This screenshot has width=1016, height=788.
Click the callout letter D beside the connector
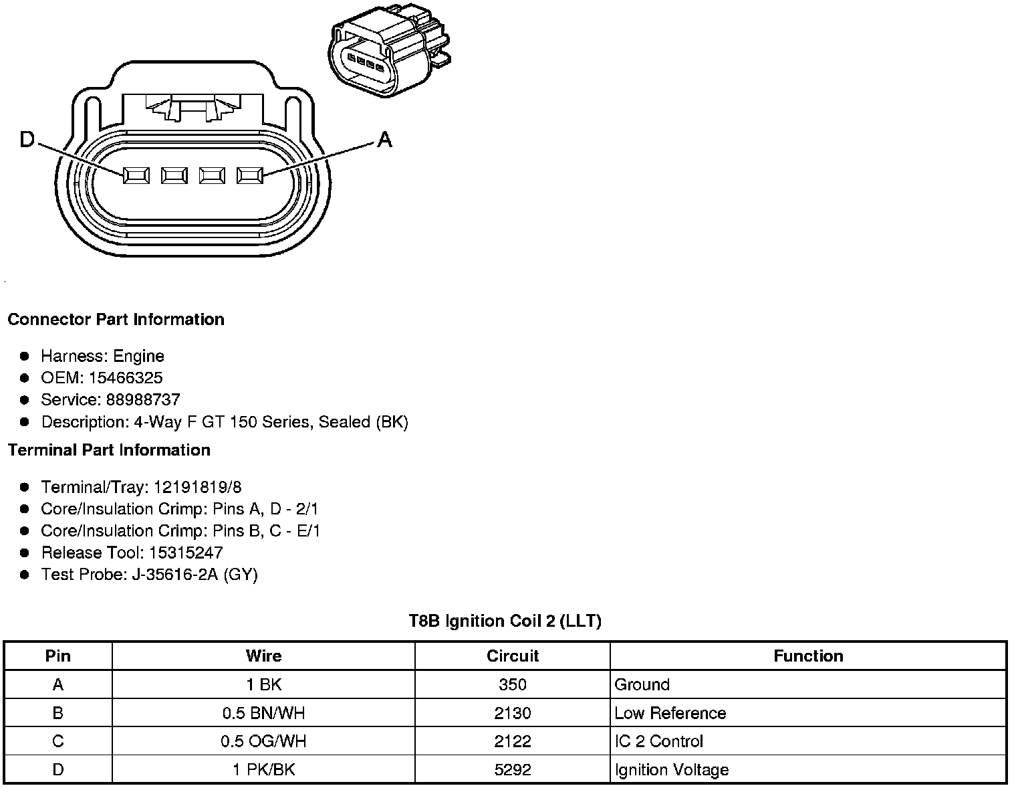[x=27, y=140]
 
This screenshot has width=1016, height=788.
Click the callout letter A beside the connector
[x=384, y=140]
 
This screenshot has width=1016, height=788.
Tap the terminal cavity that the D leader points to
[x=136, y=175]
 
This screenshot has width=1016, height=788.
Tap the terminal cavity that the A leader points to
[x=250, y=175]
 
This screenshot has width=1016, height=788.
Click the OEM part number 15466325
[x=126, y=378]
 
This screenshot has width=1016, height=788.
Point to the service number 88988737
[x=143, y=400]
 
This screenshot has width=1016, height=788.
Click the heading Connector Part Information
[x=116, y=320]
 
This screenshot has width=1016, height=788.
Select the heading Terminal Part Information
[x=109, y=450]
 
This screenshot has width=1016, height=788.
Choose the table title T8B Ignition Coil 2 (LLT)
[x=505, y=621]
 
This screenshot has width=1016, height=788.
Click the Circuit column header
[x=513, y=656]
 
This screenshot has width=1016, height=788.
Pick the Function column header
[x=808, y=656]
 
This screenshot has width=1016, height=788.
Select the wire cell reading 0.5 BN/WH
[x=263, y=713]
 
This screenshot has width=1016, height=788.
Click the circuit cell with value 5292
[x=513, y=770]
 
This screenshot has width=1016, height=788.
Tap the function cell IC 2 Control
[x=658, y=741]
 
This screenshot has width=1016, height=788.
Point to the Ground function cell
[x=642, y=685]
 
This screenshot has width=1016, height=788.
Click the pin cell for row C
[x=58, y=741]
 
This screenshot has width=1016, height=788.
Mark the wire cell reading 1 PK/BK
[x=263, y=770]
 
